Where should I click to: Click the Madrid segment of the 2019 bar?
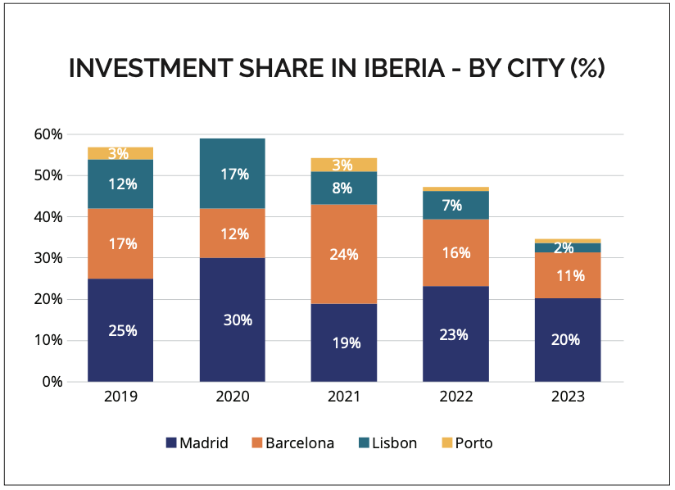click(x=120, y=330)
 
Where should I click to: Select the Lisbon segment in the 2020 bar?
click(x=232, y=174)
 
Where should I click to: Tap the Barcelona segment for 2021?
click(x=344, y=254)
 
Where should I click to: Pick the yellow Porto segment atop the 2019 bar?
click(x=120, y=153)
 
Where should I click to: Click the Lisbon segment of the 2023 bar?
click(x=568, y=247)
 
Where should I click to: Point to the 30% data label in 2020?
click(x=238, y=320)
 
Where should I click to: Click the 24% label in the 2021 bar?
click(x=344, y=254)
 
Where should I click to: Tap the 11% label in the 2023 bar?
click(x=568, y=275)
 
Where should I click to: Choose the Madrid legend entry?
click(x=197, y=443)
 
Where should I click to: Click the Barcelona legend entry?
click(x=292, y=443)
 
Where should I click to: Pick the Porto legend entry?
click(x=466, y=443)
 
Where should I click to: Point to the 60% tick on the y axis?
click(x=48, y=134)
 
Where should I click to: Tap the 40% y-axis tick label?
click(x=48, y=217)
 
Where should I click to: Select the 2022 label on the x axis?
click(x=455, y=397)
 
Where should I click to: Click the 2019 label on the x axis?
click(x=120, y=397)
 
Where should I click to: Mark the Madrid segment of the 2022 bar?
click(x=455, y=334)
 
